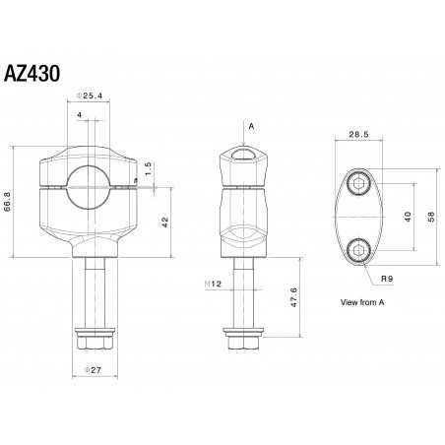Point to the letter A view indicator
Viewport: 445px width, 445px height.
(251, 127)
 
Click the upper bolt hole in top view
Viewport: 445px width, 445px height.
(359, 184)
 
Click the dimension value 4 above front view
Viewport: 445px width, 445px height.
(79, 116)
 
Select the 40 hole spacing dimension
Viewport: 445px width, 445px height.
(407, 217)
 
